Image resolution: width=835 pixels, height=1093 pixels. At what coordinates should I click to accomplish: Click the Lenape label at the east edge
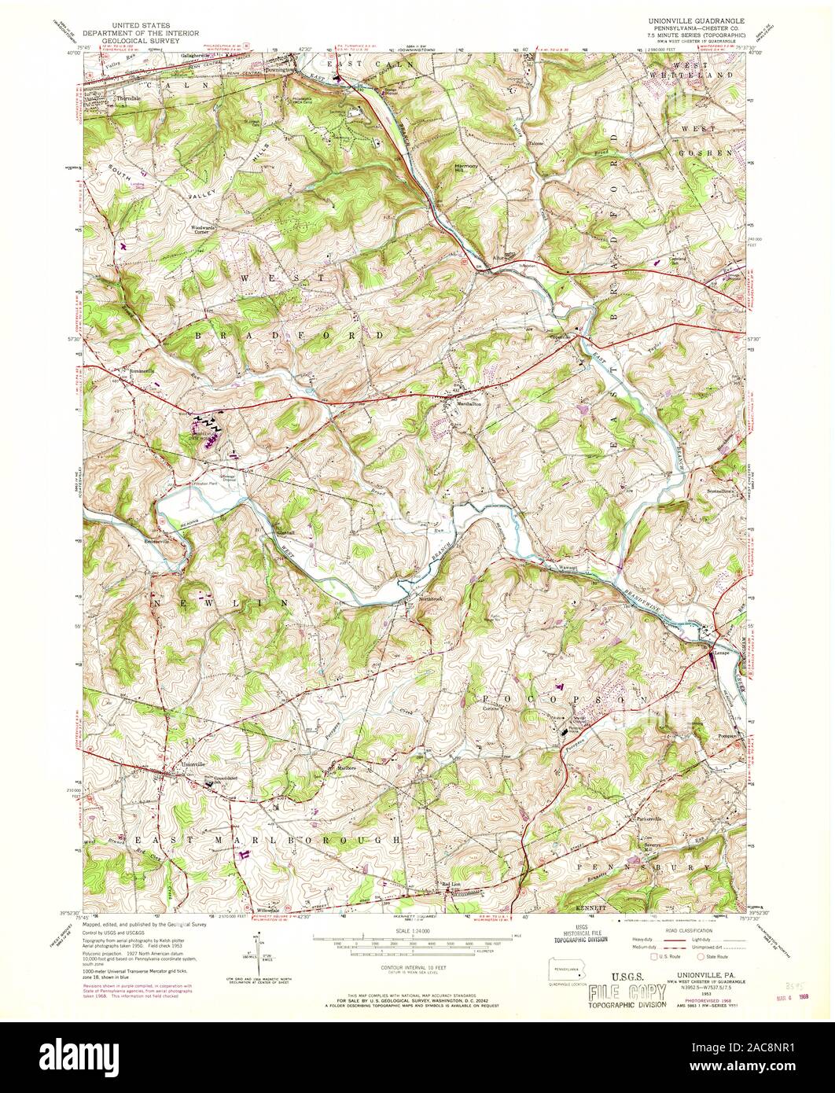tap(722, 653)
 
